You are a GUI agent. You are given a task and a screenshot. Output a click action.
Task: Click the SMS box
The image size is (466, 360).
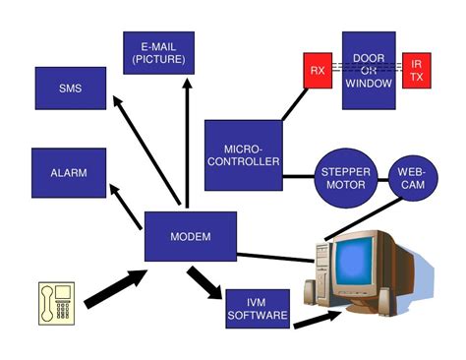[70, 89]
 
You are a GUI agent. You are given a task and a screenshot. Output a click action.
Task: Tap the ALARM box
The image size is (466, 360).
[69, 173]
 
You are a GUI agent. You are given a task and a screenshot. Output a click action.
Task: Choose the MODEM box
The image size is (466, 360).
[190, 237]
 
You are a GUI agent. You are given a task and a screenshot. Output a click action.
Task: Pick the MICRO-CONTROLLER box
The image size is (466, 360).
[243, 154]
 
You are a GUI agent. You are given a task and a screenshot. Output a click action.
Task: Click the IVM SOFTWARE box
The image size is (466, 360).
[257, 309]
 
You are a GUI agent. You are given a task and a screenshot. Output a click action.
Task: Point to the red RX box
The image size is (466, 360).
[317, 71]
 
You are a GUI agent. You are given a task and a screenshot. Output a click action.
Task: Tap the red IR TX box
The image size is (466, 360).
[417, 71]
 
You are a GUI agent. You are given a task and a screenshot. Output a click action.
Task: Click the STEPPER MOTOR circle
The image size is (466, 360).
[345, 179]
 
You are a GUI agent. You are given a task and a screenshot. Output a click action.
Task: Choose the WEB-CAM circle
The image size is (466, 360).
[411, 178]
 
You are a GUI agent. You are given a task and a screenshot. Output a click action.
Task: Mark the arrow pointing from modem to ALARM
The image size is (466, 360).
[128, 204]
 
